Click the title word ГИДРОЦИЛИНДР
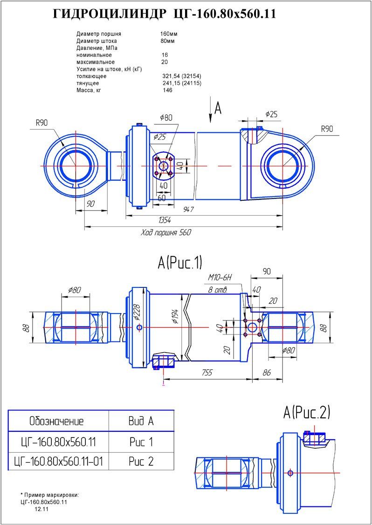(109, 14)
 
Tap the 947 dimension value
(188, 210)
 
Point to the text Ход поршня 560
(166, 232)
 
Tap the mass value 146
(167, 90)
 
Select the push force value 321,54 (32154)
(181, 76)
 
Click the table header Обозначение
(56, 422)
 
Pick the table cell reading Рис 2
(141, 461)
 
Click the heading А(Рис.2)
(307, 412)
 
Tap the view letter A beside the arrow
(218, 108)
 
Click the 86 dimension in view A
(266, 373)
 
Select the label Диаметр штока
(96, 41)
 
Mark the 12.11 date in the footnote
(41, 509)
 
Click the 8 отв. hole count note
(218, 290)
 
